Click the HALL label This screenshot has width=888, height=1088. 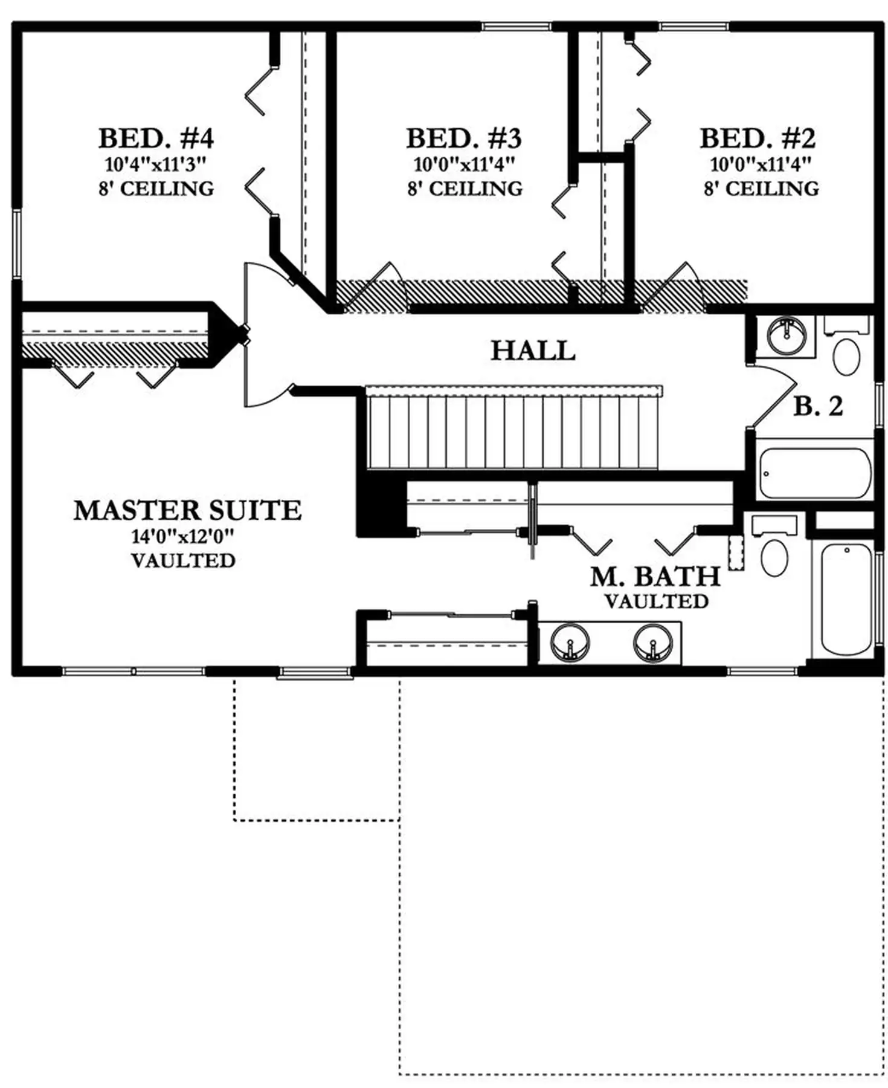point(532,351)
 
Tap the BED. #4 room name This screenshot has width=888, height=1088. point(156,138)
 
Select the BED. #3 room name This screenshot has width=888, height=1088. point(463,138)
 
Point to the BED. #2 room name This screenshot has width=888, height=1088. point(758,138)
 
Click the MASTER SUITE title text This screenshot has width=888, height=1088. point(187,511)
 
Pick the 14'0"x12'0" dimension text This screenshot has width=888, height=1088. point(182,536)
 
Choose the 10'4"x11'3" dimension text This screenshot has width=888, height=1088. point(156,164)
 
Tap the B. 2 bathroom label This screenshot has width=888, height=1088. point(818,406)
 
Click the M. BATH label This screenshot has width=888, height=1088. point(655,577)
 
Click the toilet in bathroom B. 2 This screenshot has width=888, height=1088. point(846,348)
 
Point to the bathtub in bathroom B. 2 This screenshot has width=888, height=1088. point(815,473)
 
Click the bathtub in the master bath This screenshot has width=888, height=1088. point(846,599)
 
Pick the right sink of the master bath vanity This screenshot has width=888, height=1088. point(652,642)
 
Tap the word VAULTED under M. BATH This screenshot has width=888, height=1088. point(657,601)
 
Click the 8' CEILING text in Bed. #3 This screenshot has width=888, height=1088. point(465,189)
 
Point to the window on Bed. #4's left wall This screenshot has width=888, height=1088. point(17,244)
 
